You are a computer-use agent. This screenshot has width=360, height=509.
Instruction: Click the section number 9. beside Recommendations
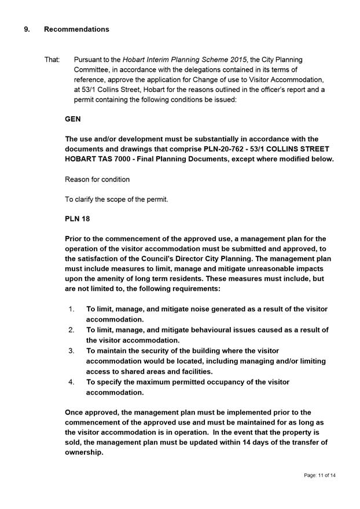point(27,29)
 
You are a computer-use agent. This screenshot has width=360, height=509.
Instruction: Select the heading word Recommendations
point(76,29)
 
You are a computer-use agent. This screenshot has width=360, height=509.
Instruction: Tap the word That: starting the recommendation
point(52,60)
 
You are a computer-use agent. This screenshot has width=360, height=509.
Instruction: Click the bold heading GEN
point(73,119)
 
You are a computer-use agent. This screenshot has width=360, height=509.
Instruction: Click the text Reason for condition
point(97,179)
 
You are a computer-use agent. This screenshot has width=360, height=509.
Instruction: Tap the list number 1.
point(72,309)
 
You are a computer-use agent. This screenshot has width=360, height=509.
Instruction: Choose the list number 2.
point(72,330)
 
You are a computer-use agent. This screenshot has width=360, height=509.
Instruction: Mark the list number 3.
point(72,351)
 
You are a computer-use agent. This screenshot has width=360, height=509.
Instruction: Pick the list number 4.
point(72,382)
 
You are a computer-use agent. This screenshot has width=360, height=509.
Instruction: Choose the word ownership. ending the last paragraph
point(85,453)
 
